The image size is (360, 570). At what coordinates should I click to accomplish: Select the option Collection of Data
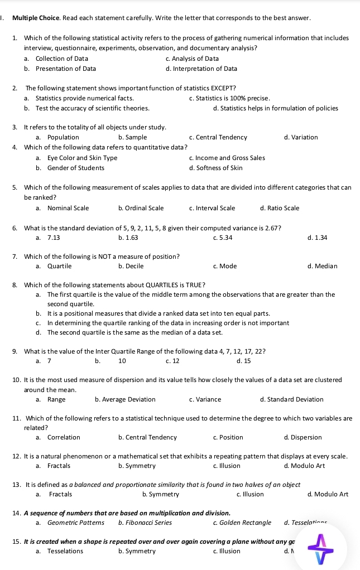(61, 59)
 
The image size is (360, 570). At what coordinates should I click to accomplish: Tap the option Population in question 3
(63, 137)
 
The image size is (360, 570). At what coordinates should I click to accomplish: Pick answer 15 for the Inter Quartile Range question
(247, 361)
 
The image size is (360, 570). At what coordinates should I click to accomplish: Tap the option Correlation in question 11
(64, 437)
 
